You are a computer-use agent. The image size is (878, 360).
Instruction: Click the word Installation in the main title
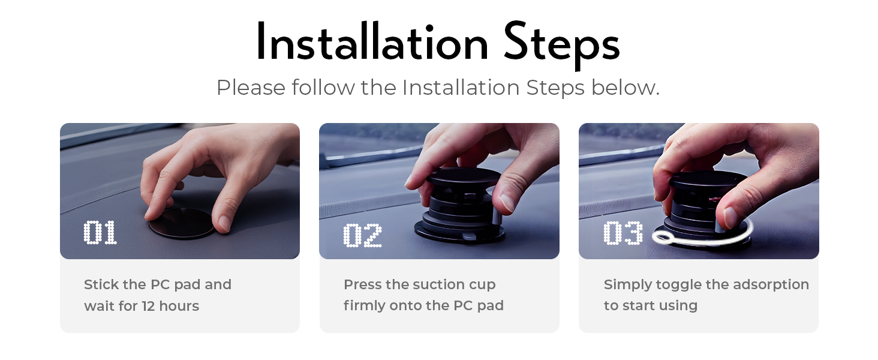point(372,44)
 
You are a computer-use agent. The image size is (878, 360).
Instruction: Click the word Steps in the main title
point(561,44)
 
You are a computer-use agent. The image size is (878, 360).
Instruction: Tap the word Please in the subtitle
point(251,88)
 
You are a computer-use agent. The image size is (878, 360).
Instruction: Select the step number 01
point(100,233)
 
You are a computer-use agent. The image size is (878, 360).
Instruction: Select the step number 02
point(362,235)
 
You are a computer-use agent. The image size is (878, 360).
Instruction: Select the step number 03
point(623,233)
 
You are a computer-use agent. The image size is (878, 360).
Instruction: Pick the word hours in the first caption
point(179,306)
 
